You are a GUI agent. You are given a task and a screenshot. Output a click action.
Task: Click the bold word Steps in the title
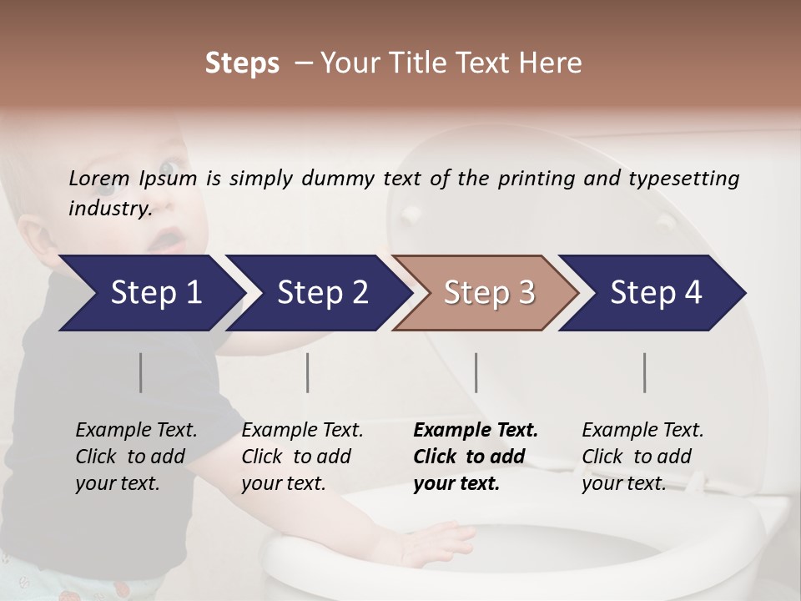[x=242, y=63]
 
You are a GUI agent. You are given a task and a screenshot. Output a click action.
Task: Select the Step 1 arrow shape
[x=150, y=293]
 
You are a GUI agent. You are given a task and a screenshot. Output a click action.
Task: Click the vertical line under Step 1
[x=141, y=372]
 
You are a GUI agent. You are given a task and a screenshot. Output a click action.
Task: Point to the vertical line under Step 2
[x=308, y=372]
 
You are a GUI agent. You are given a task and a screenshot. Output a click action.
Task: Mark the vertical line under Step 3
[x=476, y=372]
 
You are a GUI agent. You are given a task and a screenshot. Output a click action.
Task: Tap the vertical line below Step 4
[x=645, y=372]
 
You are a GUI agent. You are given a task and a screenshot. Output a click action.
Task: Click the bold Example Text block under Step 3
[x=476, y=457]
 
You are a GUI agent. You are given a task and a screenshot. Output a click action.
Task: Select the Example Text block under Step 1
[x=136, y=457]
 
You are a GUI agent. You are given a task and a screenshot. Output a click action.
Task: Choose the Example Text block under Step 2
[x=302, y=457]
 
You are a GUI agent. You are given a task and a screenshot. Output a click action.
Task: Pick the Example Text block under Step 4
[x=642, y=457]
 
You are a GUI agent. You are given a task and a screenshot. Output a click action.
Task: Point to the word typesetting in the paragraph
[x=687, y=179]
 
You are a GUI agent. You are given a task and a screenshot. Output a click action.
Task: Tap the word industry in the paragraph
[x=109, y=208]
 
